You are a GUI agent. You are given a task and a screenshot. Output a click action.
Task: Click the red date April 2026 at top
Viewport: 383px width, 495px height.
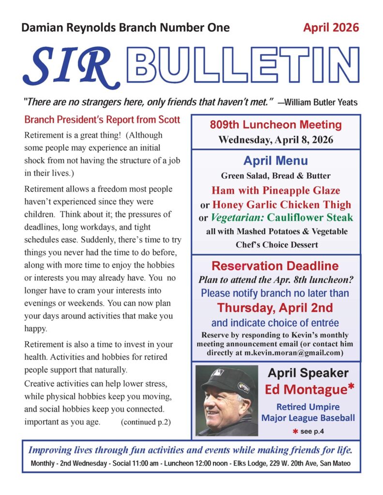click(x=331, y=27)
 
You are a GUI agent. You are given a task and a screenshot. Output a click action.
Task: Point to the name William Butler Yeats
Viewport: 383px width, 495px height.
click(x=321, y=102)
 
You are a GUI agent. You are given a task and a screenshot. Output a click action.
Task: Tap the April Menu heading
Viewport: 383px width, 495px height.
click(x=276, y=160)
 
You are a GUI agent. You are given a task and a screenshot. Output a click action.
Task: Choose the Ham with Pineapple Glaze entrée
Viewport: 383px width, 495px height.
click(x=276, y=190)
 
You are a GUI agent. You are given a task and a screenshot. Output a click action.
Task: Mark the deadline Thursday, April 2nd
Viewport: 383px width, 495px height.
click(x=276, y=307)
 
